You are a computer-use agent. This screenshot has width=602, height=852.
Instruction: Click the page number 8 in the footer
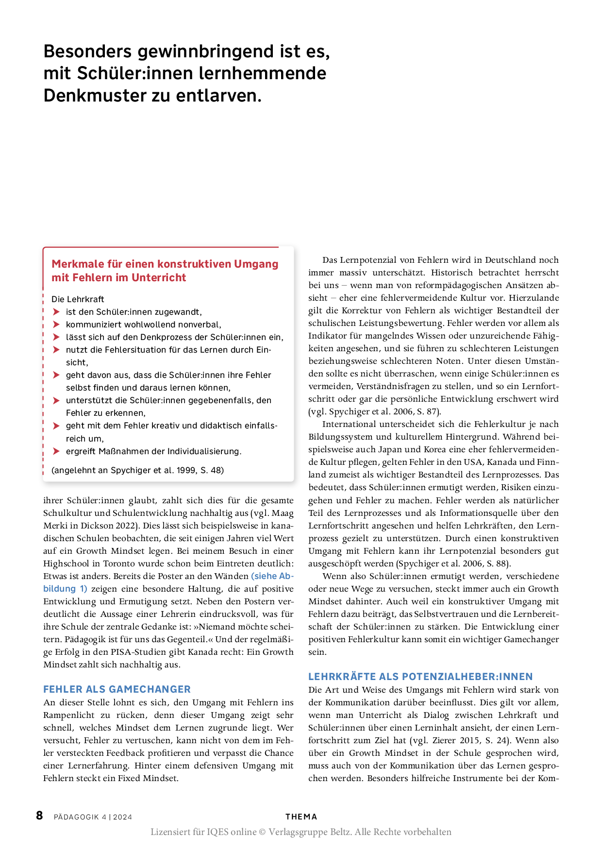(39, 816)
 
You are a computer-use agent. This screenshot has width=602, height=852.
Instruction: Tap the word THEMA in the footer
(301, 817)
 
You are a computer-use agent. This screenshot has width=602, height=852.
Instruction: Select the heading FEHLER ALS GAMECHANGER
(117, 689)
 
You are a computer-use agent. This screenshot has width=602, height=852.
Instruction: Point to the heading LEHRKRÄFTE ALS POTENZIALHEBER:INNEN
(420, 676)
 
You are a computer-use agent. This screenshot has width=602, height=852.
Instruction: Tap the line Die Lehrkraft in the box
(78, 299)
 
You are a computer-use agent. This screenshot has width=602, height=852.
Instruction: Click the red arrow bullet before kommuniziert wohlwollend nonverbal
(56, 324)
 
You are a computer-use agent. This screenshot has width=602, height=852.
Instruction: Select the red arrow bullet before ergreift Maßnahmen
(56, 451)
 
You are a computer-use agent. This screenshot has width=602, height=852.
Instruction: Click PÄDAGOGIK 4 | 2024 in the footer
(93, 817)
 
